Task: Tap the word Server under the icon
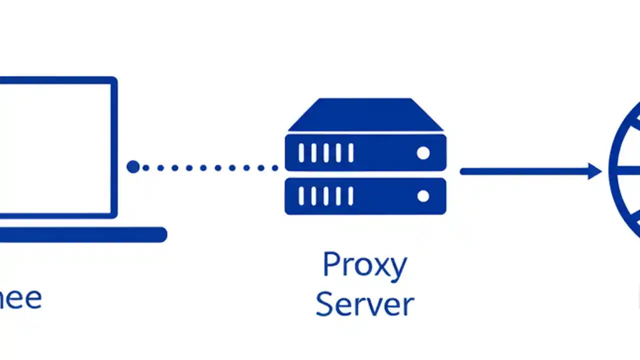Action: (364, 303)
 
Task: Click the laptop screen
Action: (55, 147)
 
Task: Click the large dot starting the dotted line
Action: (133, 167)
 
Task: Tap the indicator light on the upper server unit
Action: (423, 153)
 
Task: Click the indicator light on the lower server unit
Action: (423, 196)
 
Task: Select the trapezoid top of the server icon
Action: (365, 115)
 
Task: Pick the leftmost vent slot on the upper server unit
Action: (301, 153)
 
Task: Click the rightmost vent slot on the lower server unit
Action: (351, 196)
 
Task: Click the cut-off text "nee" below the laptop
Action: (20, 298)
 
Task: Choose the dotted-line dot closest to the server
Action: (274, 168)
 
